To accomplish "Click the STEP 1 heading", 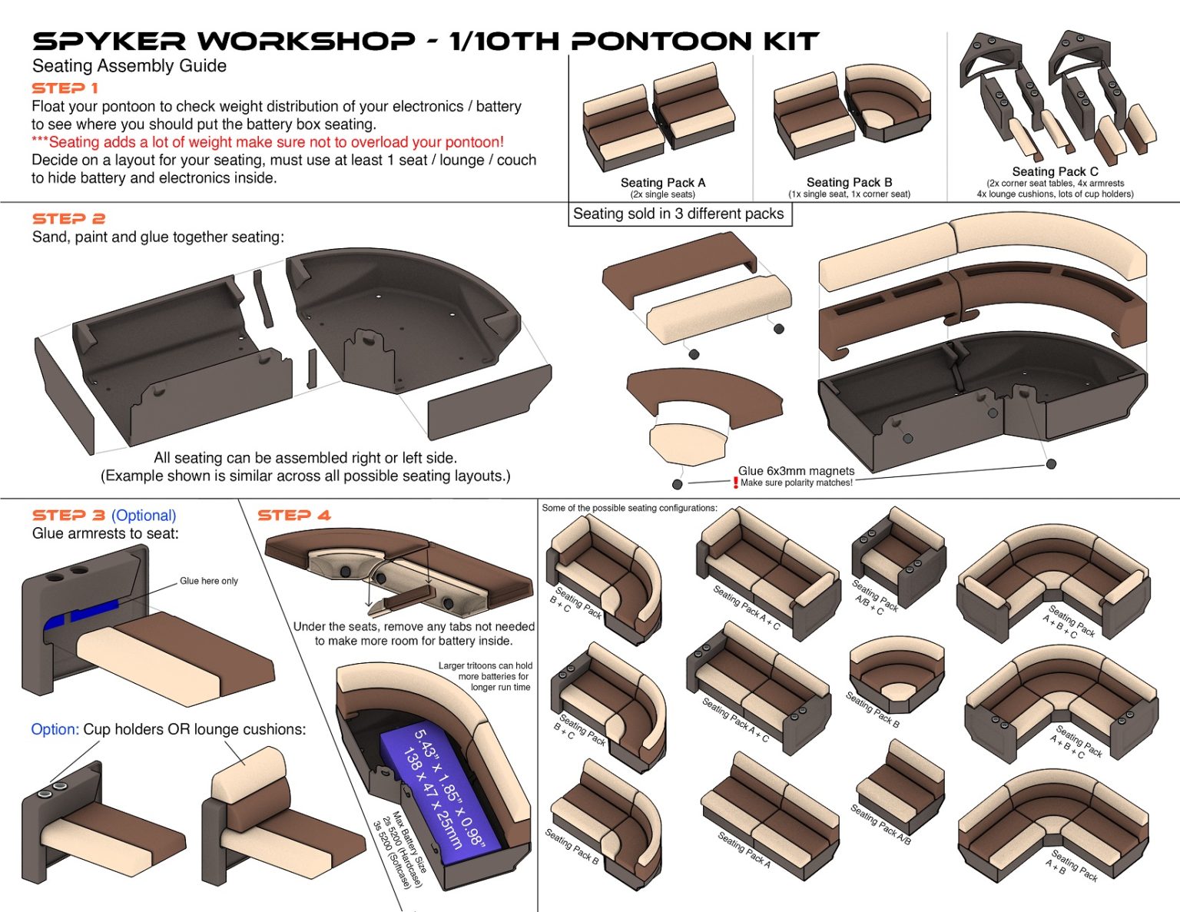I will [x=65, y=88].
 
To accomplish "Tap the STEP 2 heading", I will [x=68, y=219].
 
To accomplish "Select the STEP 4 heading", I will [x=294, y=516].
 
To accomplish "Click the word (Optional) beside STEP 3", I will [x=144, y=516].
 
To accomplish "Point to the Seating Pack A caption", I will [x=662, y=183].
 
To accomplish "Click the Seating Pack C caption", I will [x=1055, y=172].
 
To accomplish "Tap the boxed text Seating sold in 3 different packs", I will [x=678, y=214].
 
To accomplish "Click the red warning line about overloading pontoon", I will [x=267, y=142].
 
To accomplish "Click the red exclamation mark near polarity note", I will [x=735, y=483].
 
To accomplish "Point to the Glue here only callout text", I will [x=209, y=581].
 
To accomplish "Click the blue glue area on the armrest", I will [x=81, y=615].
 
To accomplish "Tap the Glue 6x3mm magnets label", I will [x=796, y=471].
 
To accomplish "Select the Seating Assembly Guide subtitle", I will [x=129, y=66].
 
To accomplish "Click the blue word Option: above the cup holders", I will [x=55, y=729].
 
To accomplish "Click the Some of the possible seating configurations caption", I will [x=629, y=508].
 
